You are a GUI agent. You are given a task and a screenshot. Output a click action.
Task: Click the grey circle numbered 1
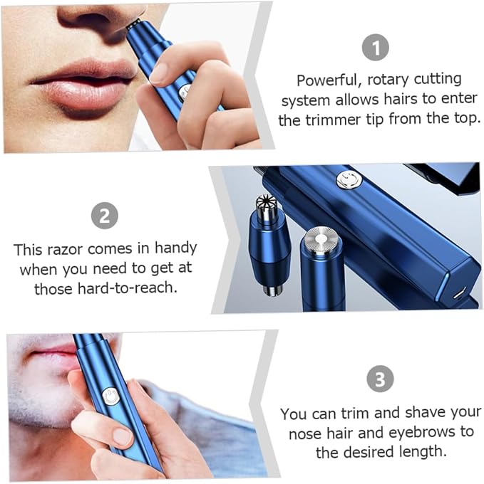[x=375, y=47]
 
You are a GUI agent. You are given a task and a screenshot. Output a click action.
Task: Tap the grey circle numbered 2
[x=105, y=216]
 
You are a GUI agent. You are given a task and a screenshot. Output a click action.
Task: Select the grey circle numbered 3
[x=380, y=379]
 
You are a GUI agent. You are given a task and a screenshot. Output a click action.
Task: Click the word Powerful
[x=329, y=80]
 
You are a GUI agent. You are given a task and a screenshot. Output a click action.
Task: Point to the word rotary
[x=388, y=80]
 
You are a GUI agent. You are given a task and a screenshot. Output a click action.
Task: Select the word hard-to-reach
[x=128, y=288]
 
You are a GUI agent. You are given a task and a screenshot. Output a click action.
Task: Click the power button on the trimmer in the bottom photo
[x=110, y=396]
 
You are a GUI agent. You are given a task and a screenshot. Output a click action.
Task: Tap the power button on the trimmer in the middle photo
[x=349, y=179]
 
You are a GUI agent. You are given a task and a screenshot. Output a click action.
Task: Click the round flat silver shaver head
[x=320, y=241]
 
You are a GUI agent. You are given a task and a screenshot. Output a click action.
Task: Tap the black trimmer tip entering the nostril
[x=134, y=23]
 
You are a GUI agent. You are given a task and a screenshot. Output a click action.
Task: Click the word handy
[x=176, y=249]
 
